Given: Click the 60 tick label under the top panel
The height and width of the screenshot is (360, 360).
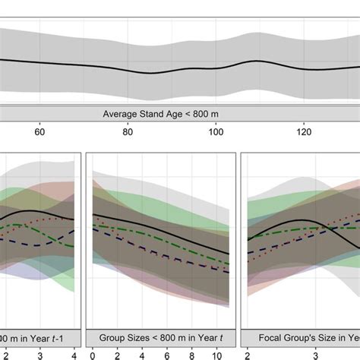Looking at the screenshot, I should (39, 131).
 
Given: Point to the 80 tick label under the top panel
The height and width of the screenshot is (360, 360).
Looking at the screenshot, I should (128, 131).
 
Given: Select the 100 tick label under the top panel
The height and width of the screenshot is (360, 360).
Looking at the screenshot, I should (216, 131).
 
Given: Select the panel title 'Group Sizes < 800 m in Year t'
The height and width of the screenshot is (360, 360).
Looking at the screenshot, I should (159, 336).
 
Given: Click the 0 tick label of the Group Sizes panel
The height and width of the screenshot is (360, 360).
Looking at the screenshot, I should (92, 354).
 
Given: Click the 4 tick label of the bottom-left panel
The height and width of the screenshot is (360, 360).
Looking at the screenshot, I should (74, 354).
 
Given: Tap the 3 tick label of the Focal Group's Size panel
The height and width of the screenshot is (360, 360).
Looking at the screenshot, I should (305, 354).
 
